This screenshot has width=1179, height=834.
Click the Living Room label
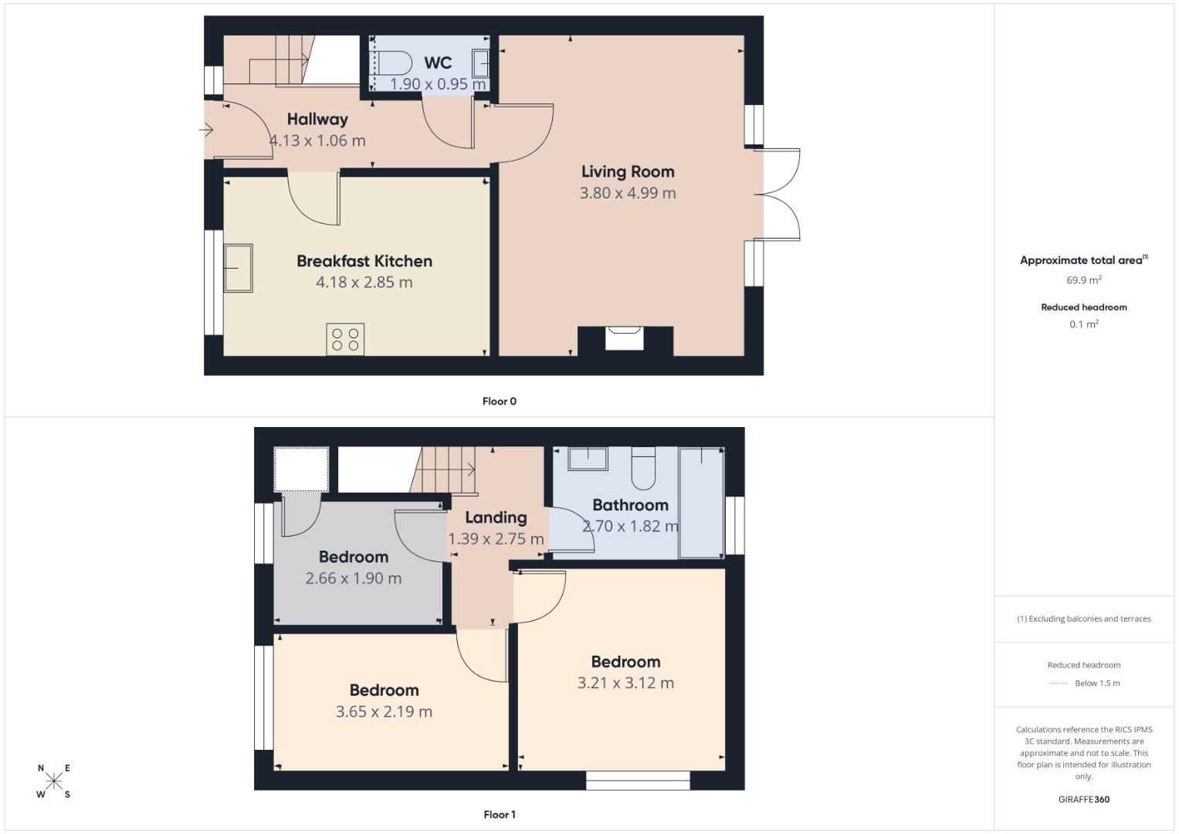pyautogui.click(x=628, y=171)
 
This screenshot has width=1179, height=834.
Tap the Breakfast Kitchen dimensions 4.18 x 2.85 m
pyautogui.click(x=364, y=283)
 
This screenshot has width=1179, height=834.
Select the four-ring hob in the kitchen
pyautogui.click(x=345, y=340)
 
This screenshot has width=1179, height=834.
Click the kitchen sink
pyautogui.click(x=239, y=268)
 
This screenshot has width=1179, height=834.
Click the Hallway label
pyautogui.click(x=317, y=119)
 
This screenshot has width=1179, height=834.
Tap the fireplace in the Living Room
pyautogui.click(x=625, y=338)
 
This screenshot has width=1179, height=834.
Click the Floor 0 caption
pyautogui.click(x=499, y=401)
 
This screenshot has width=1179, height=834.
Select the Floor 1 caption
pyautogui.click(x=499, y=814)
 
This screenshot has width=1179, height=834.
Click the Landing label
pyautogui.click(x=496, y=517)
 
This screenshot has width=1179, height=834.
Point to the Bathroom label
pyautogui.click(x=630, y=505)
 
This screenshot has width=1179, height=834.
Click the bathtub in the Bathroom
pyautogui.click(x=701, y=502)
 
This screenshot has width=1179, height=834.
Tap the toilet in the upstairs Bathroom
pyautogui.click(x=643, y=468)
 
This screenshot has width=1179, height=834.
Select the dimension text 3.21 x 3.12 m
pyautogui.click(x=625, y=683)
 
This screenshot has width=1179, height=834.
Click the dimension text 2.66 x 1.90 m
pyautogui.click(x=354, y=578)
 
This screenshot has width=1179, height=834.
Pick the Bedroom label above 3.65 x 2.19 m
pyautogui.click(x=384, y=690)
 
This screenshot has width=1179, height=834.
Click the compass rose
pyautogui.click(x=53, y=781)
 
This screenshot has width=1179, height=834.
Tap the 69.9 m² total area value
pyautogui.click(x=1083, y=280)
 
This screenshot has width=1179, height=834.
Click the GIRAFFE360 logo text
pyautogui.click(x=1083, y=799)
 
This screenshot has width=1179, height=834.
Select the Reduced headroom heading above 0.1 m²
pyautogui.click(x=1083, y=307)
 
